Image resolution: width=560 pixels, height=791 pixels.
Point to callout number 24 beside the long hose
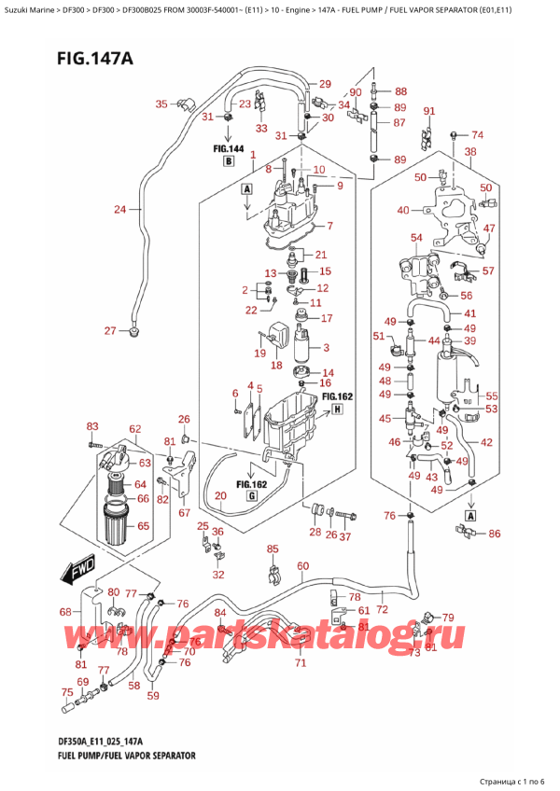point(119,209)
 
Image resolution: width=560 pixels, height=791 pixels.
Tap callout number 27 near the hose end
point(110,331)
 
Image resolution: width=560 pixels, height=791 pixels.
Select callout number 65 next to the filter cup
point(142,526)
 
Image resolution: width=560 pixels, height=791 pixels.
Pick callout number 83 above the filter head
point(91,427)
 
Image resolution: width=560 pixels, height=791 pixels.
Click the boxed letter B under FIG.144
point(228,162)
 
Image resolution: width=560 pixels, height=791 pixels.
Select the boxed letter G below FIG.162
point(253,497)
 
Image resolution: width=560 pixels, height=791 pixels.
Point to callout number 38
point(470,151)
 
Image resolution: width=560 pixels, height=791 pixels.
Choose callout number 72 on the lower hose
point(382,609)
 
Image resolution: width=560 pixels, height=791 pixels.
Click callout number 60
point(302,566)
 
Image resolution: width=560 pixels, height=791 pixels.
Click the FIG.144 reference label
point(228,148)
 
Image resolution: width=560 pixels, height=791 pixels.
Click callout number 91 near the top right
point(429,112)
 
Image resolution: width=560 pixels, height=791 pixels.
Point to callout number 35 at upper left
point(161,104)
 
